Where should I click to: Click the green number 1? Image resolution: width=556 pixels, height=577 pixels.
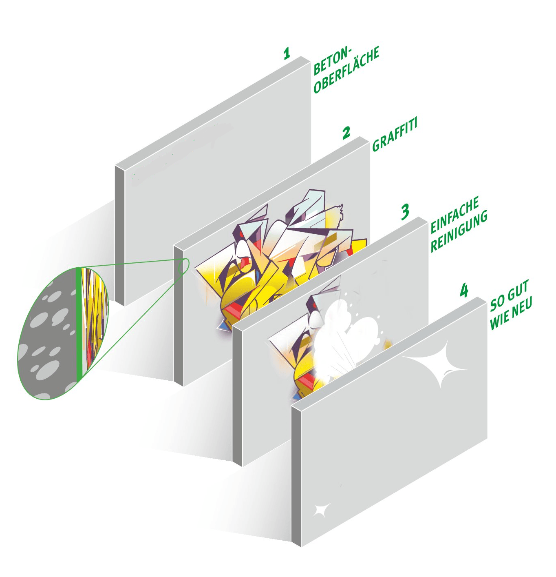[x=287, y=54]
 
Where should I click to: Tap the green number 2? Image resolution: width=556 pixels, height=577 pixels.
[x=346, y=133]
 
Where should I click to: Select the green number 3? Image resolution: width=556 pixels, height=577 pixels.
[x=405, y=212]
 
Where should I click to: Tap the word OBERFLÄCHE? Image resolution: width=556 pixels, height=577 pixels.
[x=346, y=71]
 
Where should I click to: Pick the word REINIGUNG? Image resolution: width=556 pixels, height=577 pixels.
[x=459, y=231]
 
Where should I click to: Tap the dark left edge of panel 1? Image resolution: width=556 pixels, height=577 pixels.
[x=119, y=236]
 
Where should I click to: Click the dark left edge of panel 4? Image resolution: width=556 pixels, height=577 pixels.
[x=296, y=476]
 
